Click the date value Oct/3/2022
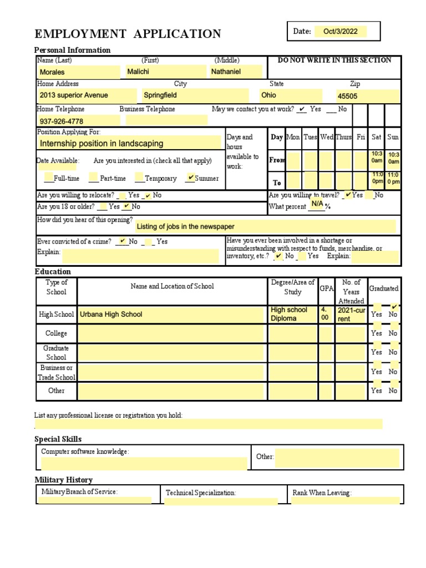(341, 32)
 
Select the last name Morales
(52, 72)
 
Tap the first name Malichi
(138, 72)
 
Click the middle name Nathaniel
(226, 72)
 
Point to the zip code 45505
(348, 96)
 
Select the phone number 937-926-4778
(62, 121)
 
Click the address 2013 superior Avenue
(74, 95)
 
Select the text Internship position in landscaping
(102, 144)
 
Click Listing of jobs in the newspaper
(185, 226)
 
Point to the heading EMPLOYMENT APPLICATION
(128, 34)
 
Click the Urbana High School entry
(111, 315)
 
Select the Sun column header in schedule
(393, 137)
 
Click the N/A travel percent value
(317, 204)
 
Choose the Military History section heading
(63, 480)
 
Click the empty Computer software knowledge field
(144, 464)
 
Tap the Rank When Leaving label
(322, 493)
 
